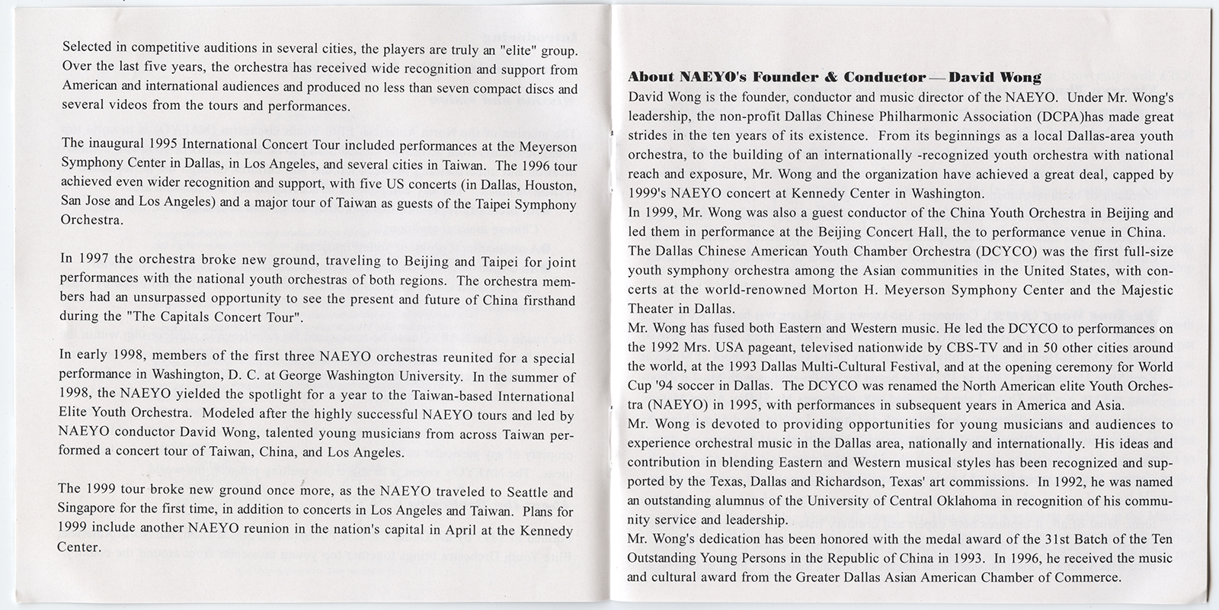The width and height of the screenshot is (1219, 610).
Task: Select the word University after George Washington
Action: pyautogui.click(x=383, y=375)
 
